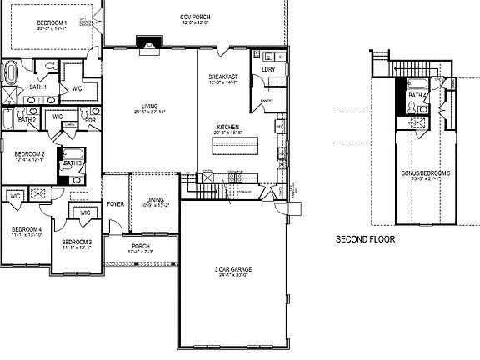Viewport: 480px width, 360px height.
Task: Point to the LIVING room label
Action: click(x=151, y=106)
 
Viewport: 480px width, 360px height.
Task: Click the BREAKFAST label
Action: click(x=223, y=77)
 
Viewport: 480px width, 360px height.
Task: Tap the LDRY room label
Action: click(x=268, y=69)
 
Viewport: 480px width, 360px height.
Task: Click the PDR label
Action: click(x=90, y=118)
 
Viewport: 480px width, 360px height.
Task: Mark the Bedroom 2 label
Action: click(x=30, y=154)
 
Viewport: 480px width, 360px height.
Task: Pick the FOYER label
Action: click(x=115, y=203)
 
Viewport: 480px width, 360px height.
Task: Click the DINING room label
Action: click(x=154, y=198)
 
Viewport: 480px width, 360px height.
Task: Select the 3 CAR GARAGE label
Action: click(x=234, y=269)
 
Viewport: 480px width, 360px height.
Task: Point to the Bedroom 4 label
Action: click(x=26, y=229)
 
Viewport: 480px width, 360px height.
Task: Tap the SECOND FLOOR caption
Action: click(x=365, y=239)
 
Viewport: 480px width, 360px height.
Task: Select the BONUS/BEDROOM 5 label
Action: click(x=425, y=174)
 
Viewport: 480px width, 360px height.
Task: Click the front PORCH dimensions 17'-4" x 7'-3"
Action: click(x=139, y=252)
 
